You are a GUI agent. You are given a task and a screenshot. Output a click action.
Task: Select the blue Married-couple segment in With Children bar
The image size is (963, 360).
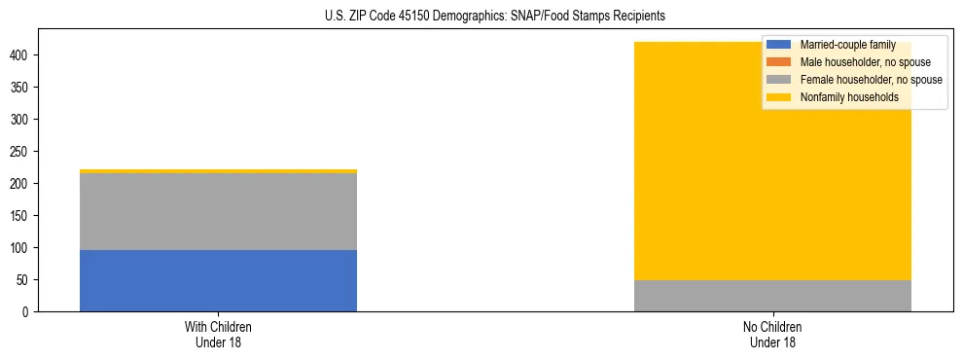pyautogui.click(x=218, y=280)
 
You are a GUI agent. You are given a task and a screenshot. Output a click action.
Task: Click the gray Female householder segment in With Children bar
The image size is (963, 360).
pyautogui.click(x=218, y=211)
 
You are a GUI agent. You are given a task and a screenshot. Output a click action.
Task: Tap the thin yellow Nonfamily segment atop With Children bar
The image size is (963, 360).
pyautogui.click(x=218, y=171)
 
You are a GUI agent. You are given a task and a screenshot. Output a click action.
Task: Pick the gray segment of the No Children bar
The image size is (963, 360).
pyautogui.click(x=772, y=296)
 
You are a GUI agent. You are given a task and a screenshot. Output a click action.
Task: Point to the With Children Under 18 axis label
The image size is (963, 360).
pyautogui.click(x=218, y=334)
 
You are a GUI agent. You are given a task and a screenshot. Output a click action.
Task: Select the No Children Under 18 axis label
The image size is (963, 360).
pyautogui.click(x=772, y=334)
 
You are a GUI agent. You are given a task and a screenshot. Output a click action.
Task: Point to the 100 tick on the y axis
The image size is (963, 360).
pyautogui.click(x=20, y=248)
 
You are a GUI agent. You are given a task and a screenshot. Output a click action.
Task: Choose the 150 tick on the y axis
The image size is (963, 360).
pyautogui.click(x=20, y=216)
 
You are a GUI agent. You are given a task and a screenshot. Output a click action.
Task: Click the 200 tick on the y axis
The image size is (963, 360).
pyautogui.click(x=20, y=184)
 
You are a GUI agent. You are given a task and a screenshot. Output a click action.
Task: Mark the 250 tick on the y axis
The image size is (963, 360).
pyautogui.click(x=20, y=152)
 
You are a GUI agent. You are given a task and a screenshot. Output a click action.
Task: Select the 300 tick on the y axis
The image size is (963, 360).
pyautogui.click(x=20, y=120)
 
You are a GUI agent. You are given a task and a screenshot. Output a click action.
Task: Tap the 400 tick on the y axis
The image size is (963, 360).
pyautogui.click(x=20, y=55)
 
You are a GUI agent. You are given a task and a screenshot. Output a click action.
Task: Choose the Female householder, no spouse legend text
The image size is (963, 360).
pyautogui.click(x=871, y=80)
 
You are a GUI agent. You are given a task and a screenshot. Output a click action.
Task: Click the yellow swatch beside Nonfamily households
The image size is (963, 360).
pyautogui.click(x=779, y=97)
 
